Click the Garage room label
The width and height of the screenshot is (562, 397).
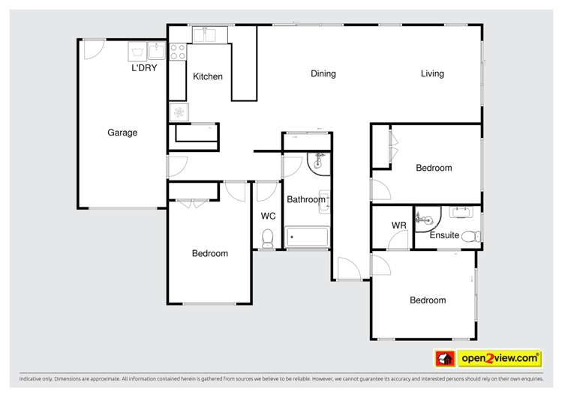[122, 133]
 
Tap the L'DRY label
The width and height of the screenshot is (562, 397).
[144, 68]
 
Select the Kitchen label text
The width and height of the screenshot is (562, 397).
[208, 76]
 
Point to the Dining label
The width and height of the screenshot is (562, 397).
[323, 73]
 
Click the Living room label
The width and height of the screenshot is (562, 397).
[432, 73]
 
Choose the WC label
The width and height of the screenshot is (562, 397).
[268, 216]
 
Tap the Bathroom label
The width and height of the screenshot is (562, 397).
[305, 199]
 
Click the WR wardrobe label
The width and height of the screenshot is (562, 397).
[398, 225]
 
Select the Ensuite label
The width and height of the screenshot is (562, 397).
[444, 235]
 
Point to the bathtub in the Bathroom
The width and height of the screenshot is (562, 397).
[308, 237]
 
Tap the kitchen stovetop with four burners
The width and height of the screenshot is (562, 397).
[178, 52]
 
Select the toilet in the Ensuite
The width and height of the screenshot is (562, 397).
[471, 237]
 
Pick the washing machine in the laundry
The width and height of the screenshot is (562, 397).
[138, 51]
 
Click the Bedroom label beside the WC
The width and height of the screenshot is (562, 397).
[210, 253]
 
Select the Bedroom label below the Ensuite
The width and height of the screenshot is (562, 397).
[428, 300]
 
